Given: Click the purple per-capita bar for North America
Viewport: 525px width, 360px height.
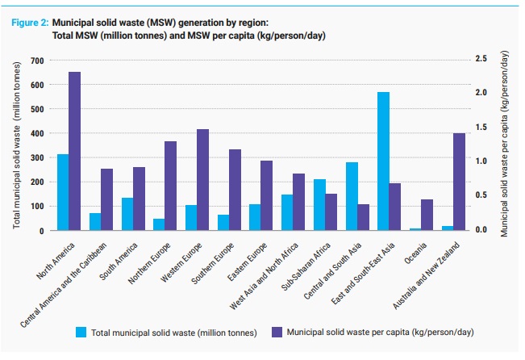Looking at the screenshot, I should coord(74,151).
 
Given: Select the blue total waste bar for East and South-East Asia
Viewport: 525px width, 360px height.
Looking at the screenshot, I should coord(383,161).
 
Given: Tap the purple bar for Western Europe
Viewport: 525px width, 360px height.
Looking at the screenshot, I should coord(202,179).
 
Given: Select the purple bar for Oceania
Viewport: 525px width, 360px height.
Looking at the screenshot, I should coord(427,215).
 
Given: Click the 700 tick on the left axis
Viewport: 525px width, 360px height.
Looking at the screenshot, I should coord(37,61).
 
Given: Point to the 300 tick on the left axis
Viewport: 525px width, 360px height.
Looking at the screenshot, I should coord(37,157).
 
